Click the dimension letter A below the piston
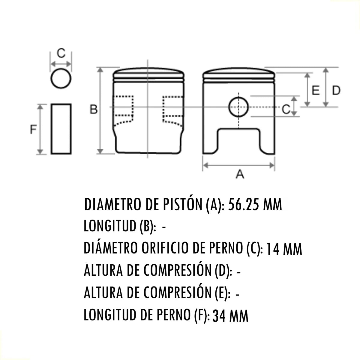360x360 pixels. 240,174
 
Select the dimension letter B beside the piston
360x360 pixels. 94,109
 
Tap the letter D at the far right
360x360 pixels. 336,90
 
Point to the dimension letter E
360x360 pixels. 316,90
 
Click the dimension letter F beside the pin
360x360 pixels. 33,130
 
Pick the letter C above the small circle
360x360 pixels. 61,53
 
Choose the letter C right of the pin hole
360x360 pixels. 286,109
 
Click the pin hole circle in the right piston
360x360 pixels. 238,107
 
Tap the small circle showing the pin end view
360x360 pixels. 61,79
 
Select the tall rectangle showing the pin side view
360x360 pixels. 61,129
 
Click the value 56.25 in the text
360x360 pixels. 243,205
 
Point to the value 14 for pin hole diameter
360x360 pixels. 272,249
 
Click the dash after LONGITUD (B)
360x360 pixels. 164,227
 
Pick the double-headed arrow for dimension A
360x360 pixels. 238,165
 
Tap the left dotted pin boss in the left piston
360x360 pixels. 124,110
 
